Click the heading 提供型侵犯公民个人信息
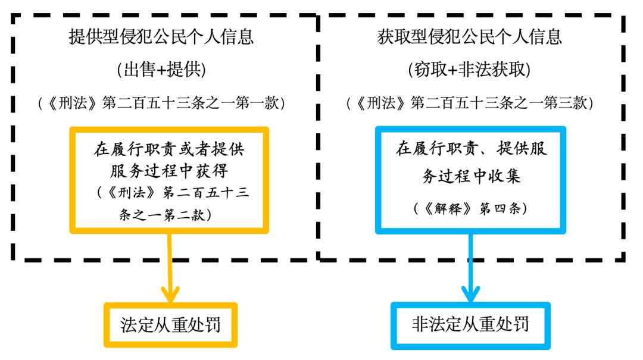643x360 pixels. click(x=161, y=37)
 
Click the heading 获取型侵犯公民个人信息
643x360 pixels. click(x=469, y=37)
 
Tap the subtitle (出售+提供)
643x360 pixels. click(x=161, y=70)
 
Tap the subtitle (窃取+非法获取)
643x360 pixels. click(x=469, y=70)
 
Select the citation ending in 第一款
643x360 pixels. click(x=161, y=102)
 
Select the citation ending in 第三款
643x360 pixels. click(x=469, y=102)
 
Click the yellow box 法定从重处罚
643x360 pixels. click(x=171, y=325)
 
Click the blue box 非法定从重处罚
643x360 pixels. click(x=470, y=325)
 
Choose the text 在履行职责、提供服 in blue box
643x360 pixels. click(x=471, y=150)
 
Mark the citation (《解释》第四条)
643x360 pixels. click(x=470, y=209)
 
